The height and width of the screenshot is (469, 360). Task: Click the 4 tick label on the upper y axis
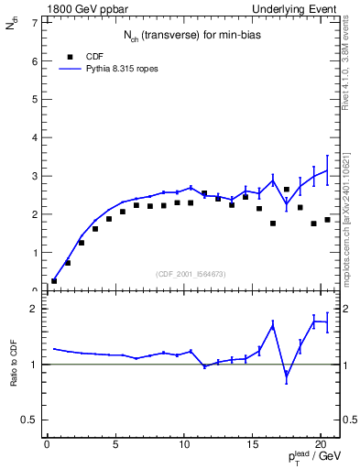tap(35, 137)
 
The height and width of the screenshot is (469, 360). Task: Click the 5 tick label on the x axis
tap(115, 445)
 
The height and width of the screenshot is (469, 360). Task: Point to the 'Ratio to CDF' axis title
tap(14, 365)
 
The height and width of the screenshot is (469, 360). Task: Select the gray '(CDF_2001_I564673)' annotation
tap(192, 273)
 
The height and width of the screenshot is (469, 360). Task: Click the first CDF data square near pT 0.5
tap(54, 281)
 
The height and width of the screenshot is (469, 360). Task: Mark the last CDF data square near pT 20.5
tap(327, 220)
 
